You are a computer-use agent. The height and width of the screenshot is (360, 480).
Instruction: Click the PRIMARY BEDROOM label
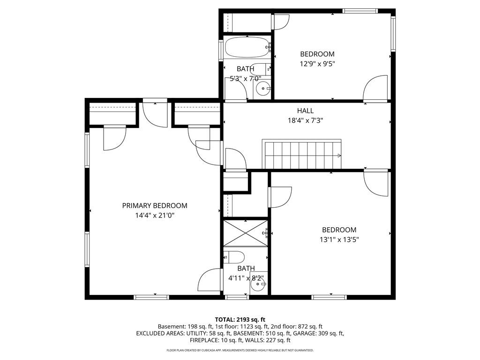155,206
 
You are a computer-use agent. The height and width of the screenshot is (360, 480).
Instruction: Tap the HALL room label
305,111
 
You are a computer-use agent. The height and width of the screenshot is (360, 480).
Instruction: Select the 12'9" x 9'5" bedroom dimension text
317,64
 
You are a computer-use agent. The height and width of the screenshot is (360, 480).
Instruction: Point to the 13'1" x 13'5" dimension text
339,240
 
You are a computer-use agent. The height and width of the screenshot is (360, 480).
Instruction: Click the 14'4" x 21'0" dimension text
155,216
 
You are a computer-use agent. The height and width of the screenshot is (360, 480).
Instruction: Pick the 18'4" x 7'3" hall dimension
305,120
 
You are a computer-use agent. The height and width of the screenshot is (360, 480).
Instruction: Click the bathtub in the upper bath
247,47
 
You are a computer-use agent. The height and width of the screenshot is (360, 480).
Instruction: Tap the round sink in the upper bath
262,89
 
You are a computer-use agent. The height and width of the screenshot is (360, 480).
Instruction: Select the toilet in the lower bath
234,257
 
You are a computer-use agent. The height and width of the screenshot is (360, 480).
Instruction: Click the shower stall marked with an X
246,233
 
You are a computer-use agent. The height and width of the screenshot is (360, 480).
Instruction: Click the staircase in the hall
301,154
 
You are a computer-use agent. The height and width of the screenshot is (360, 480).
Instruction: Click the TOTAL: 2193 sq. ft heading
240,320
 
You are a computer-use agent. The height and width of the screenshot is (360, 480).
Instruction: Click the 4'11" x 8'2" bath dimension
246,278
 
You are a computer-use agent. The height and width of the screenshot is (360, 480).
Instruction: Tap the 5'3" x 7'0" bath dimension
246,79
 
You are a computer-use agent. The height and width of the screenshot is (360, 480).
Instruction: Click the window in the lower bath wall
237,297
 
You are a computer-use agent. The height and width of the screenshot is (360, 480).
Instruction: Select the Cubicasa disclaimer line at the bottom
240,350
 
